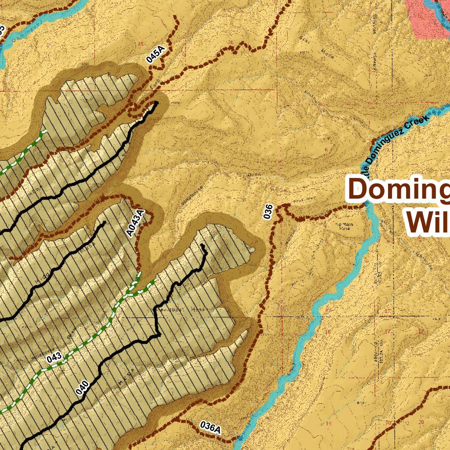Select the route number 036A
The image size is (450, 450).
[210, 427]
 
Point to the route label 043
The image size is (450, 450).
[54, 357]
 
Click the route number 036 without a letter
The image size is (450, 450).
[269, 212]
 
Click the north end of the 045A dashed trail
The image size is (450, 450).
[176, 18]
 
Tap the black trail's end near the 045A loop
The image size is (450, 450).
[156, 103]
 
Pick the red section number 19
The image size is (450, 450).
[330, 423]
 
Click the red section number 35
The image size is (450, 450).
[141, 44]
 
